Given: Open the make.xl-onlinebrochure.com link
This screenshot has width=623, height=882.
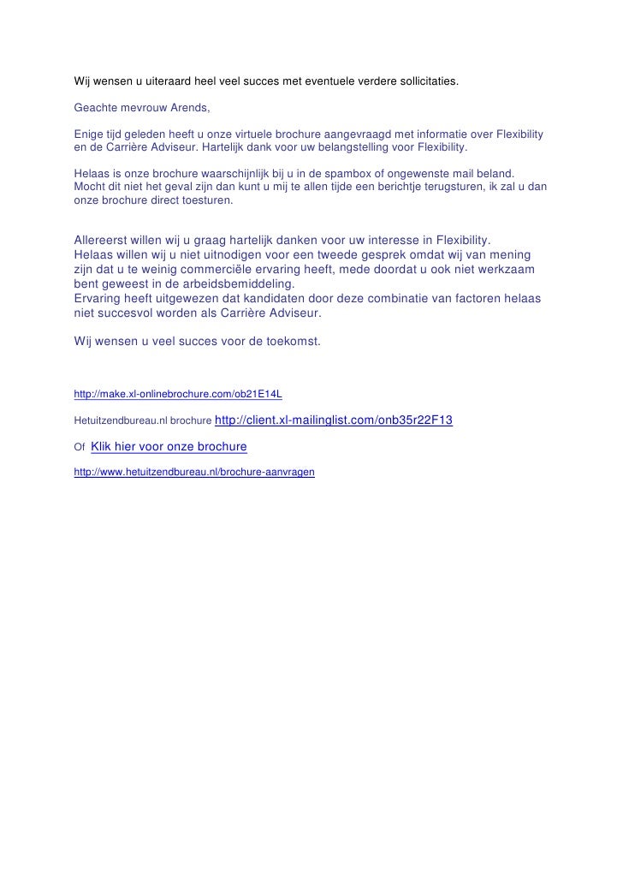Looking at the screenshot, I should tap(178, 394).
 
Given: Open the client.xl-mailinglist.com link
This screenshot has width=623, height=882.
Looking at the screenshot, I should tap(333, 420).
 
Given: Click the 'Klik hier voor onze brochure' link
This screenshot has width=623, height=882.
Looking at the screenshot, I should tap(168, 447).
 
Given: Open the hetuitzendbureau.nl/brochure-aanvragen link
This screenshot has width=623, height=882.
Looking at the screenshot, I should tap(194, 472).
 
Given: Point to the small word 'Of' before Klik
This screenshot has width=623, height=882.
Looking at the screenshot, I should tap(80, 448).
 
